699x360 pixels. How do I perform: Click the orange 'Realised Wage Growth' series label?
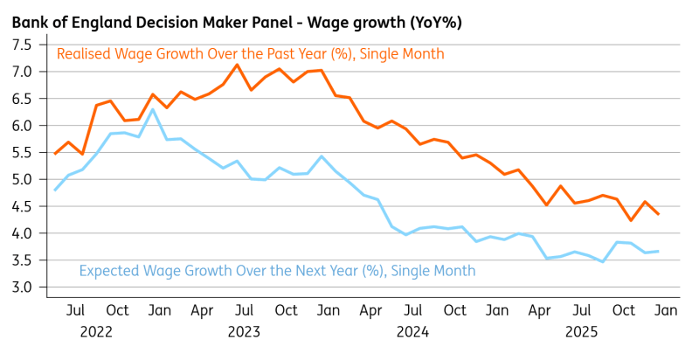(250, 54)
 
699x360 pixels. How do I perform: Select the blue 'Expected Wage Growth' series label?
(278, 271)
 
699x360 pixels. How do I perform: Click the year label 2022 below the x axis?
(96, 332)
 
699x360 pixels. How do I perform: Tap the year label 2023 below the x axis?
(244, 332)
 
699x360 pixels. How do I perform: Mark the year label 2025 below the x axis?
(580, 332)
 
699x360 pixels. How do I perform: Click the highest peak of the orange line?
(237, 65)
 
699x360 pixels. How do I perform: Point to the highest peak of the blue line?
(153, 109)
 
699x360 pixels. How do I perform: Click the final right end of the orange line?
(659, 214)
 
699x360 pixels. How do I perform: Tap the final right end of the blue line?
(659, 251)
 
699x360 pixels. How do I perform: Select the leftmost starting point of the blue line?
(55, 190)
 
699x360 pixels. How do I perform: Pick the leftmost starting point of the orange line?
(55, 154)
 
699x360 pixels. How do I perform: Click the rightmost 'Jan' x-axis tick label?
(662, 310)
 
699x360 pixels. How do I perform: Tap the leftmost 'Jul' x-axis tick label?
(75, 310)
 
